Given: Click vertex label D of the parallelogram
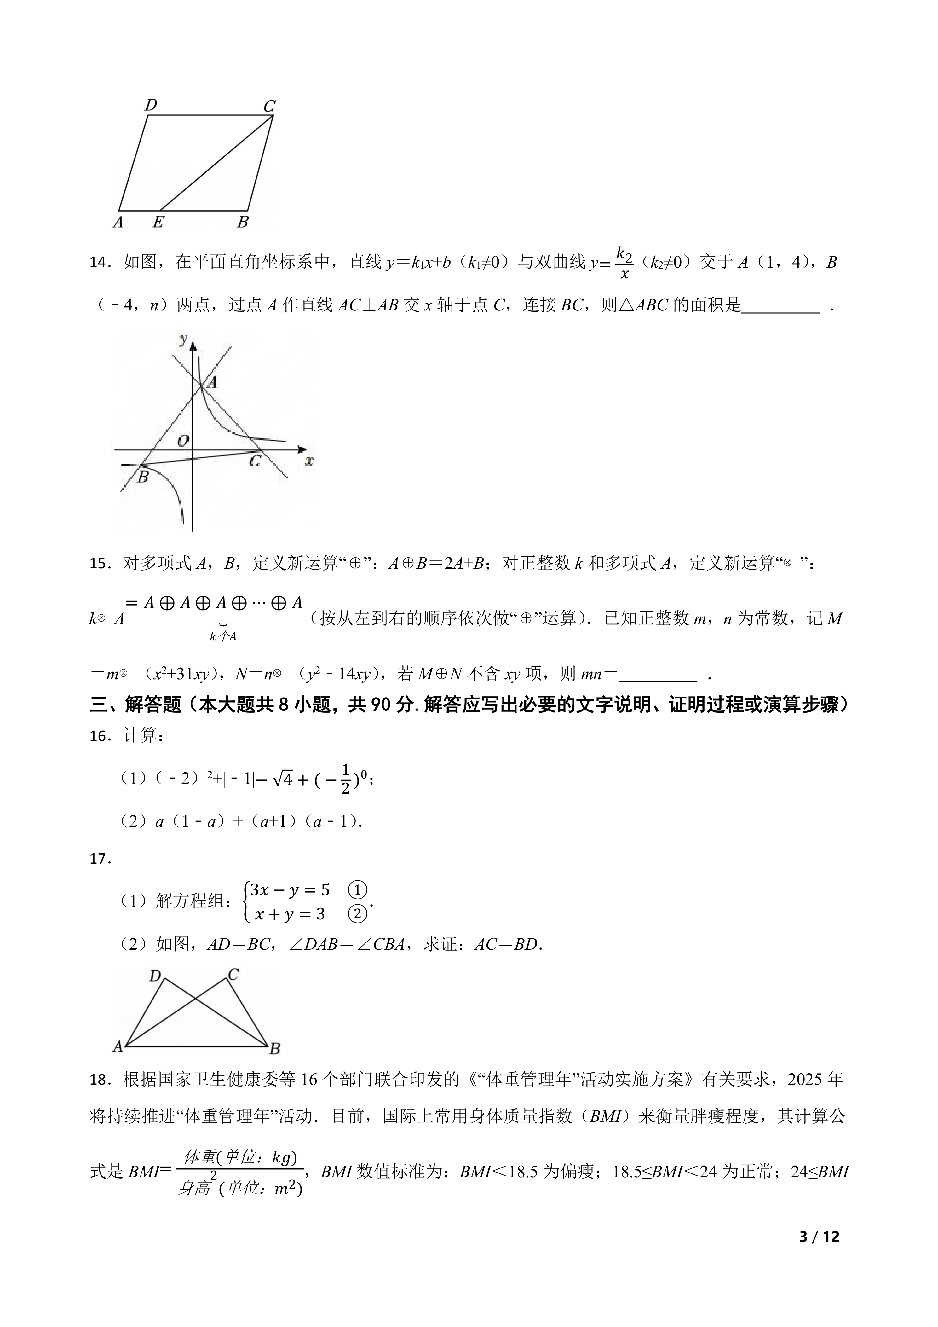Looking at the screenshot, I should (x=151, y=105).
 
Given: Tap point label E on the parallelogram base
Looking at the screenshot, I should (x=158, y=222).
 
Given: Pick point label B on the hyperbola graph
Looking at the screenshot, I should (x=142, y=477).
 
